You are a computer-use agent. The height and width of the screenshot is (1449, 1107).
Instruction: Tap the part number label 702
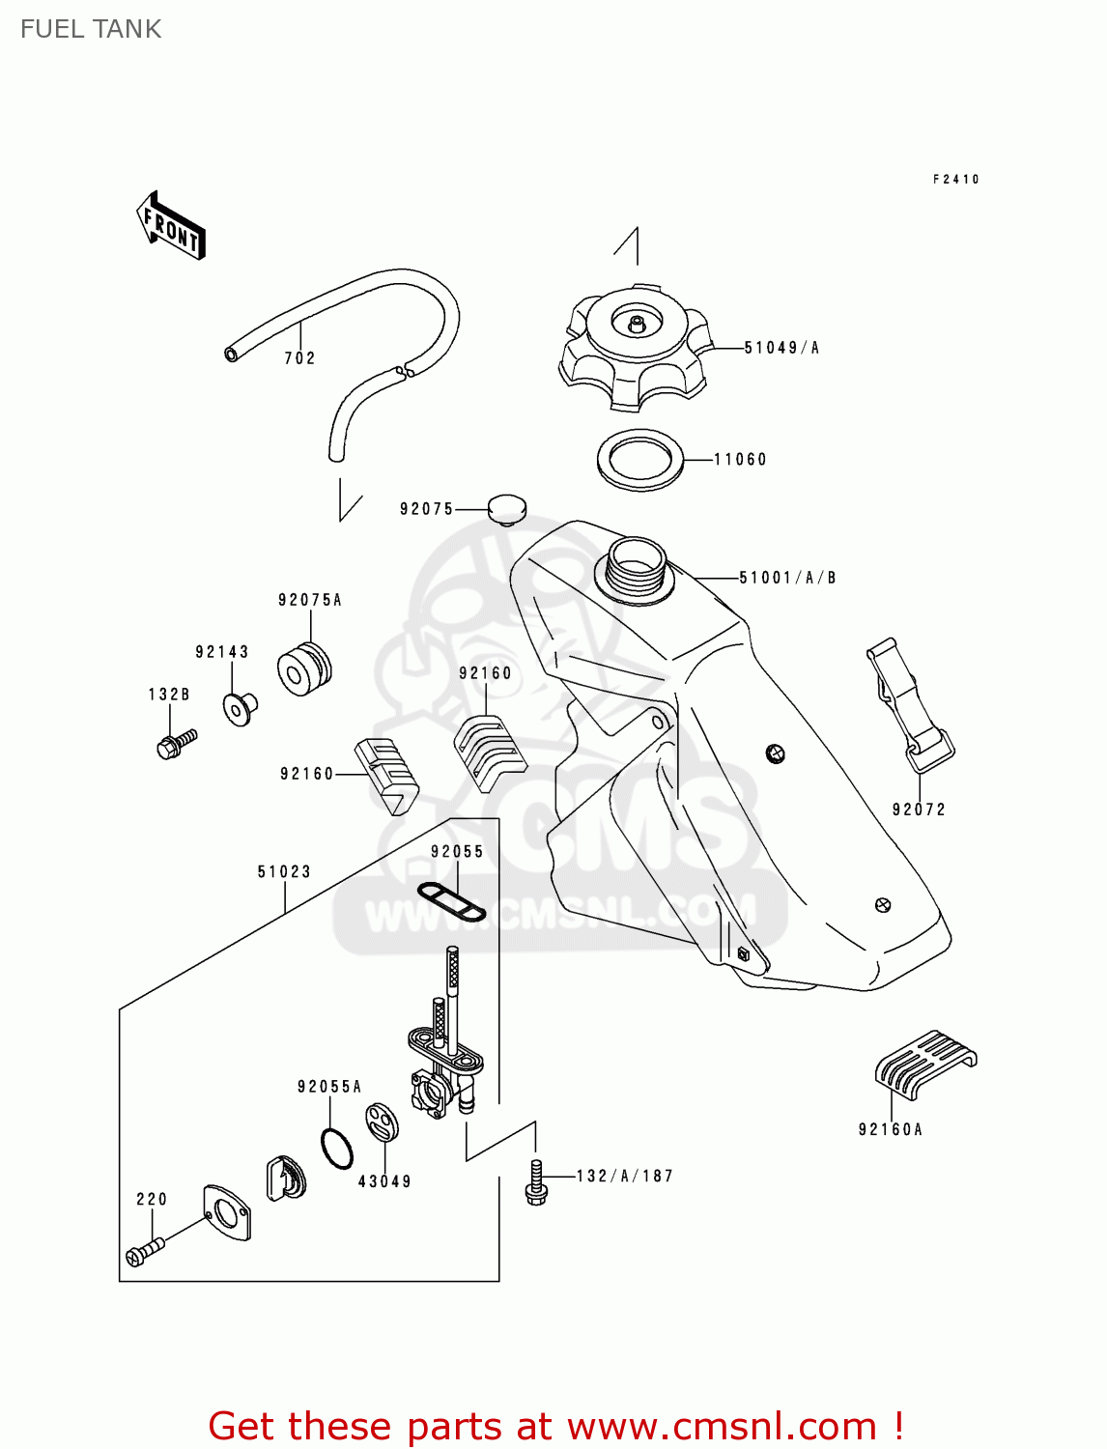(x=299, y=358)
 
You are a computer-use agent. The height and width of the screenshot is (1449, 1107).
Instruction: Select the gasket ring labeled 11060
(x=639, y=460)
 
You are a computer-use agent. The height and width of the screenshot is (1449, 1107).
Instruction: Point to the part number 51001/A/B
(x=787, y=578)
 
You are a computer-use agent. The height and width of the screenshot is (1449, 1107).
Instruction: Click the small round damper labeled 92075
(x=506, y=508)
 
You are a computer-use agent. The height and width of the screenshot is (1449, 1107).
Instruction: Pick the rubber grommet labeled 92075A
(x=304, y=669)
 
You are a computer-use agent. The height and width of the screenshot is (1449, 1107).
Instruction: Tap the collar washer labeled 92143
(x=239, y=708)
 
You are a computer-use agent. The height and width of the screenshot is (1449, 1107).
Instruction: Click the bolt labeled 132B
(x=176, y=744)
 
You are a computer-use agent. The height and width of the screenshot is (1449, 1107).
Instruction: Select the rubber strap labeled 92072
(x=909, y=705)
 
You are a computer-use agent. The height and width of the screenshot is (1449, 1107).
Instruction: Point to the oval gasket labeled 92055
(x=451, y=901)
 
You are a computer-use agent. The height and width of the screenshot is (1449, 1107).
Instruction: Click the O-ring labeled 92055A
(x=336, y=1149)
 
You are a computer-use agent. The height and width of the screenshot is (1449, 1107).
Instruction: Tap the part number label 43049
(x=384, y=1181)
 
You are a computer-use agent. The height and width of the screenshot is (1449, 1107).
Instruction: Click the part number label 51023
(x=284, y=871)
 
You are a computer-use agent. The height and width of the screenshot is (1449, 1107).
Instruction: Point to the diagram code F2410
(x=955, y=180)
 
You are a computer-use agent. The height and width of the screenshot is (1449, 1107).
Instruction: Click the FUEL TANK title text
(x=91, y=29)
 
